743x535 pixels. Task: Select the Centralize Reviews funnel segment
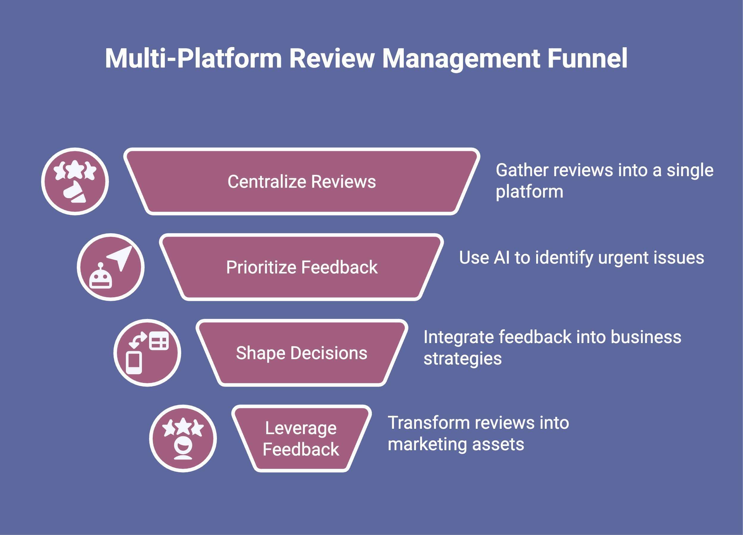point(301,182)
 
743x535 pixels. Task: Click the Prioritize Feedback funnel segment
point(301,267)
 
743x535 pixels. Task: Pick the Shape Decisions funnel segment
point(301,353)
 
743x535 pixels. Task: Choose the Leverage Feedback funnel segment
point(301,438)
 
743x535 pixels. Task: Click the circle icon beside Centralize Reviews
point(75,182)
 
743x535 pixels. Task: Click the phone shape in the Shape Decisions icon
point(134,362)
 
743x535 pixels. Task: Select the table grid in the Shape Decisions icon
point(159,341)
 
